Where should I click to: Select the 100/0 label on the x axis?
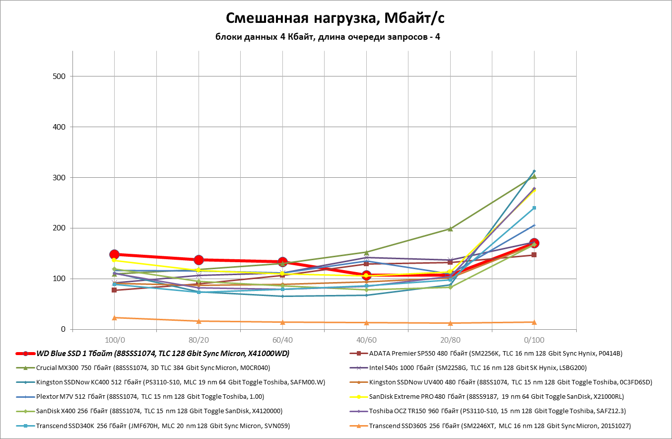point(114,340)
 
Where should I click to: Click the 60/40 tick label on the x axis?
point(282,340)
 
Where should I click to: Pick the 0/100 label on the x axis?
point(534,340)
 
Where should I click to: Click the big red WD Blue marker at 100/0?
point(114,254)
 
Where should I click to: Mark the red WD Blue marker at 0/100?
point(534,243)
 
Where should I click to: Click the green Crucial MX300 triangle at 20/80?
point(450,228)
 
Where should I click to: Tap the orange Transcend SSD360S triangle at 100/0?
point(114,317)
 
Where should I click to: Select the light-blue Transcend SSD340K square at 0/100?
point(534,208)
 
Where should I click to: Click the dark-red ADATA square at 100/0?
point(114,290)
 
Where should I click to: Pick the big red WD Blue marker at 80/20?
point(199,260)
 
